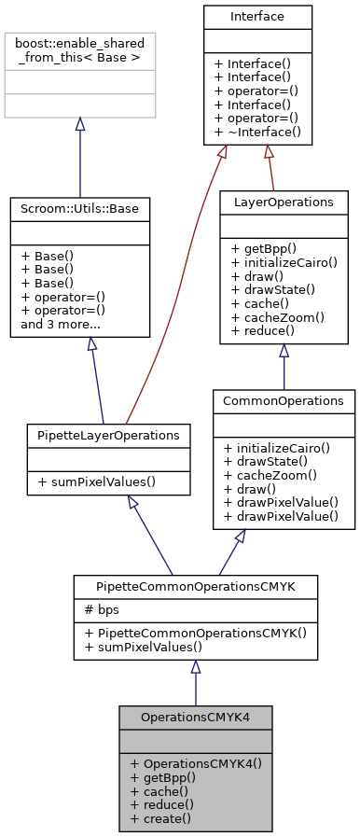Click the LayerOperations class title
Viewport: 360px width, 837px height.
pyautogui.click(x=283, y=201)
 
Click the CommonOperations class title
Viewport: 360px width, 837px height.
pyautogui.click(x=284, y=401)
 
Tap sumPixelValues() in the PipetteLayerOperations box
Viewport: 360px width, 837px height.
pyautogui.click(x=97, y=481)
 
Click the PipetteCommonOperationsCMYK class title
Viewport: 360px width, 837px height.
pyautogui.click(x=196, y=587)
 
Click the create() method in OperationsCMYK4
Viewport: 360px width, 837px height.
pyautogui.click(x=161, y=818)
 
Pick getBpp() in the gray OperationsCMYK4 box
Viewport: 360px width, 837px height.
pyautogui.click(x=163, y=776)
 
